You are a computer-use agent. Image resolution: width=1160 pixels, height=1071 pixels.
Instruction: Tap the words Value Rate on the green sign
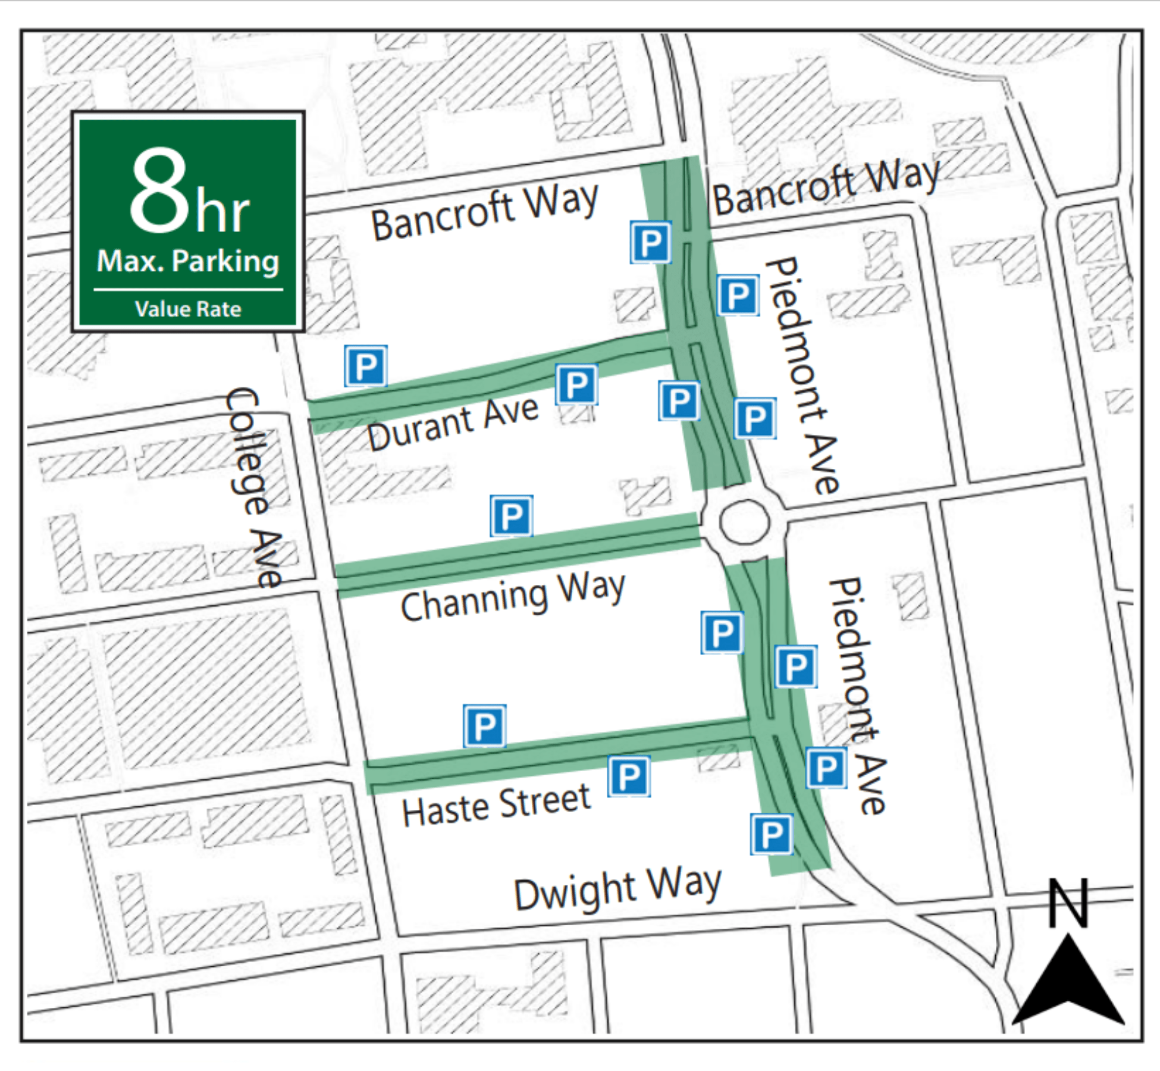coord(188,309)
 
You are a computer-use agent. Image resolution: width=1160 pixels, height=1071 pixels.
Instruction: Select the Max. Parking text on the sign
coord(188,261)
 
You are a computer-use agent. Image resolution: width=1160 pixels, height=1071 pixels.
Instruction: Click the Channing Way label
coord(513,597)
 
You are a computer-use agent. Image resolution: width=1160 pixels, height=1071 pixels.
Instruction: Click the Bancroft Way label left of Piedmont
coord(484,212)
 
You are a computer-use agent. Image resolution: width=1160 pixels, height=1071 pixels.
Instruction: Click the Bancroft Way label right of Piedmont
coord(826,186)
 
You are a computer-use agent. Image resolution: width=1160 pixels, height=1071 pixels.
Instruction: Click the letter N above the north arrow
coord(1068,903)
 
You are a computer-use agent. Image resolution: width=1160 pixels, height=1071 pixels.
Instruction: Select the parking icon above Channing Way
coord(511,516)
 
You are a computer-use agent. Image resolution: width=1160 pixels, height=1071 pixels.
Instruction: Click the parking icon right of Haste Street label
coord(629,776)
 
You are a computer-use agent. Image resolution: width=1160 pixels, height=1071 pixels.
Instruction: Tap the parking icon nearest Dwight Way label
coord(772,835)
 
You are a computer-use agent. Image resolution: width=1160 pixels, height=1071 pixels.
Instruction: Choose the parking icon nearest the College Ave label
coord(365,366)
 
